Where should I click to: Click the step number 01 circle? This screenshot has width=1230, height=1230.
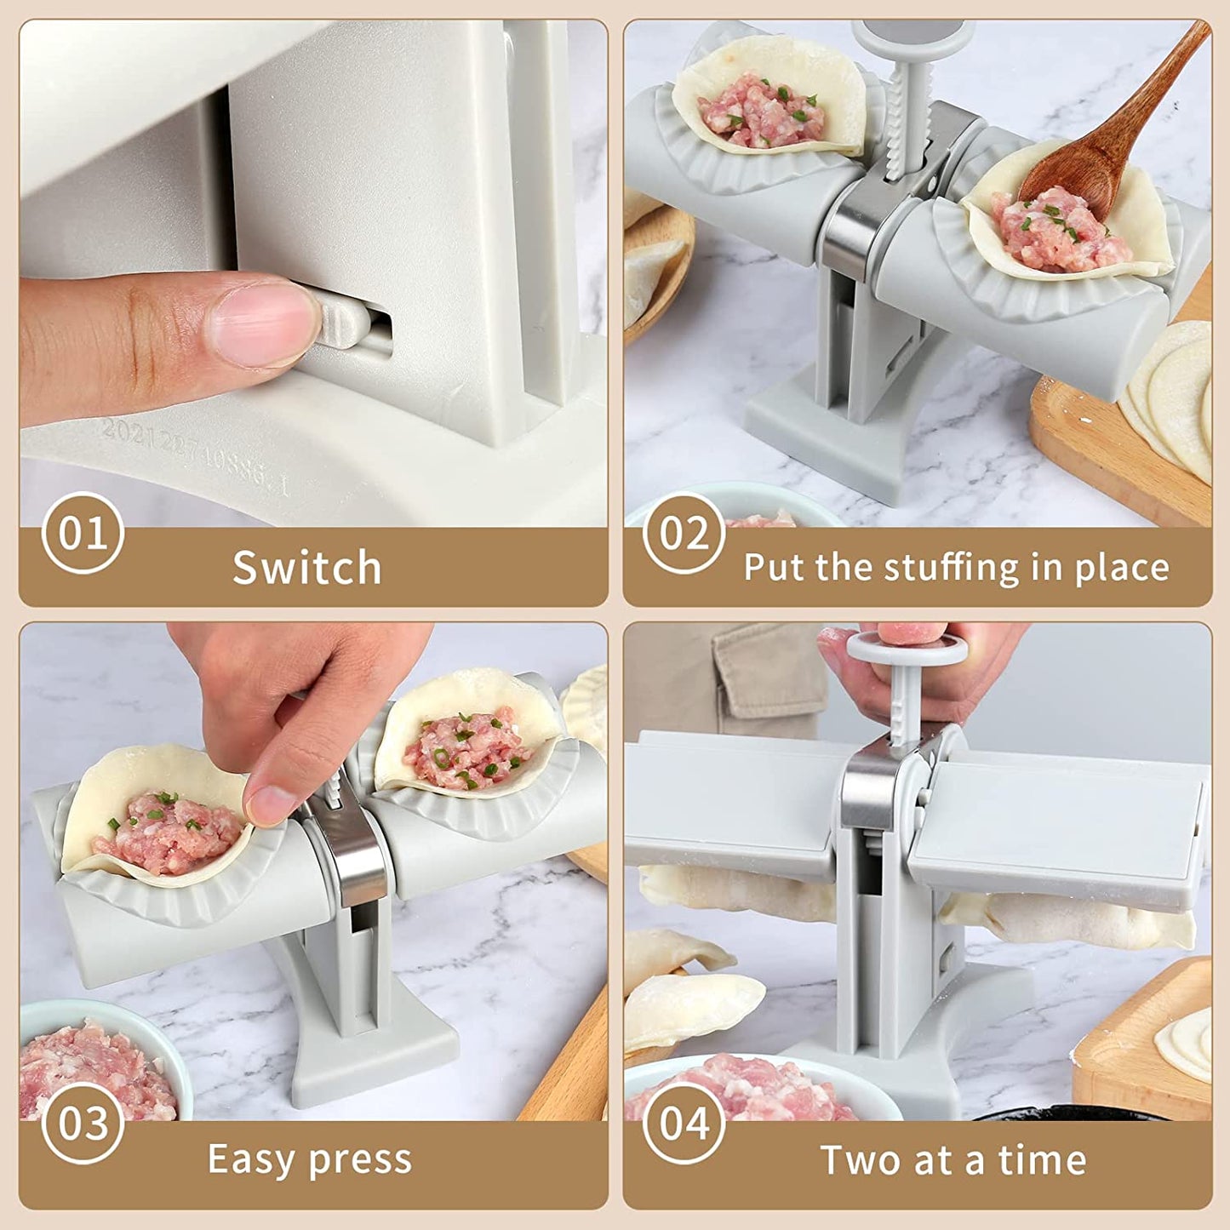tap(83, 533)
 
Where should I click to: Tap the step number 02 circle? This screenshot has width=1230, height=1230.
tap(684, 533)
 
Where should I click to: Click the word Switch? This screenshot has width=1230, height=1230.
tap(307, 567)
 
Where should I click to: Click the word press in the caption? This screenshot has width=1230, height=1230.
tap(360, 1161)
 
